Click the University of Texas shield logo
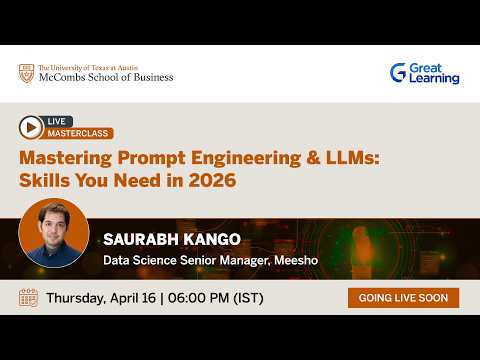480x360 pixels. (x=26, y=73)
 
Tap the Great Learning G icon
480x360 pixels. (x=398, y=73)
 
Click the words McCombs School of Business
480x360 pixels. (x=105, y=77)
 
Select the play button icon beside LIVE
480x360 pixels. (x=31, y=126)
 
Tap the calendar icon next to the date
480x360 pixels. (x=29, y=298)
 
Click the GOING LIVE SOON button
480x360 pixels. (x=403, y=298)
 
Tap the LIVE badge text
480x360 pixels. (x=59, y=121)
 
